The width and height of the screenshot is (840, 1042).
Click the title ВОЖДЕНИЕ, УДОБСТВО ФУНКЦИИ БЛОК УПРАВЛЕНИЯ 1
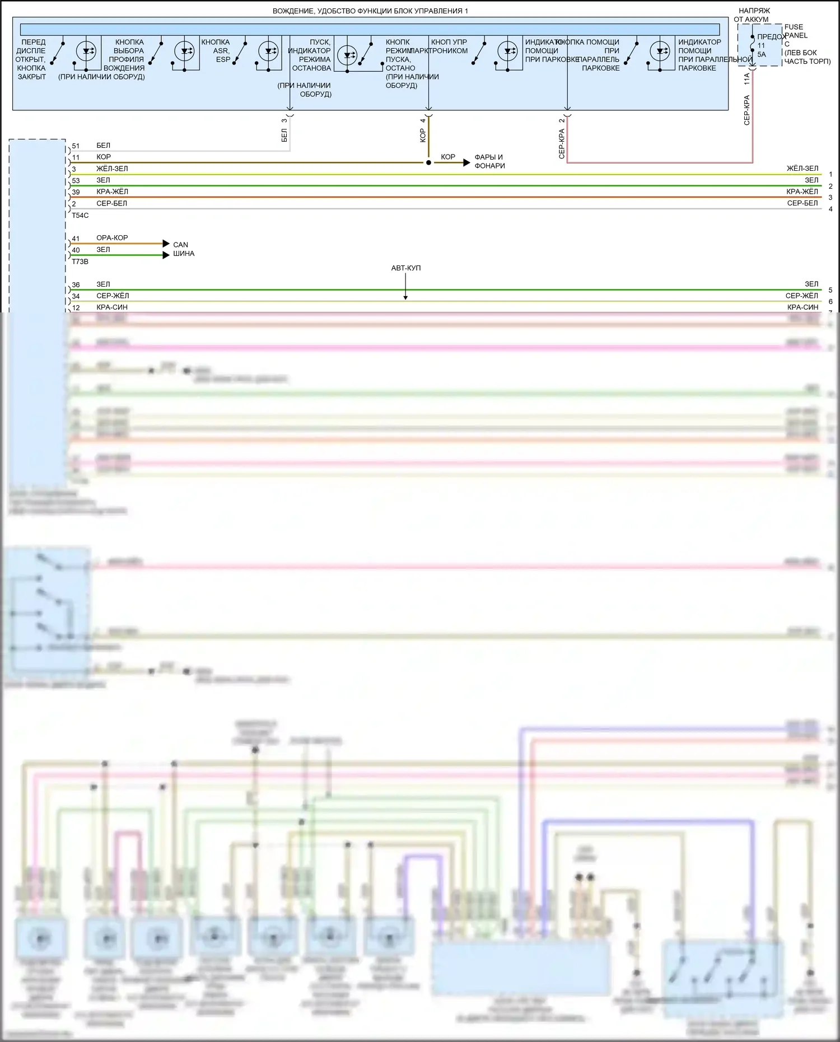(370, 11)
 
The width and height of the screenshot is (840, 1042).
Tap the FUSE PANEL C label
(796, 35)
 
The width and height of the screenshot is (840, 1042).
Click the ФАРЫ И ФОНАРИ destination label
(489, 161)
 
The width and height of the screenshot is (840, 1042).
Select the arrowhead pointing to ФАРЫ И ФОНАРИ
(466, 163)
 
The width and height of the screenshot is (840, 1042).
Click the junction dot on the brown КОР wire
(428, 163)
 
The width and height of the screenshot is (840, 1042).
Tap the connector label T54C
(80, 216)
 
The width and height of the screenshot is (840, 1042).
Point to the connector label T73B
(80, 261)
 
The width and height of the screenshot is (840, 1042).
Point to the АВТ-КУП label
(405, 268)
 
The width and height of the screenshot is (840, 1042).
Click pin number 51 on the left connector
(76, 146)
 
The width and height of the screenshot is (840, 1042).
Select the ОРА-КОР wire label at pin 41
(112, 238)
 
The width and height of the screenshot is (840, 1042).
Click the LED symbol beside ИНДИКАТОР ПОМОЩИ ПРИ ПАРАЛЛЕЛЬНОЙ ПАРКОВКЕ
(660, 52)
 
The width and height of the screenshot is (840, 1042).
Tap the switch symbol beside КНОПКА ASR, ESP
(240, 53)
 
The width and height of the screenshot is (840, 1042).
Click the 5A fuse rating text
(762, 54)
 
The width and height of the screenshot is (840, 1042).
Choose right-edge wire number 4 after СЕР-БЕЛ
(830, 209)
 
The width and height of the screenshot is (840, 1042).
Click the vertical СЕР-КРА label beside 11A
(746, 110)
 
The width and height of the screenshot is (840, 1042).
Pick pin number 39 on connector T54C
(76, 192)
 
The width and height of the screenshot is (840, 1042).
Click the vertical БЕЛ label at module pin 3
(284, 135)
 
